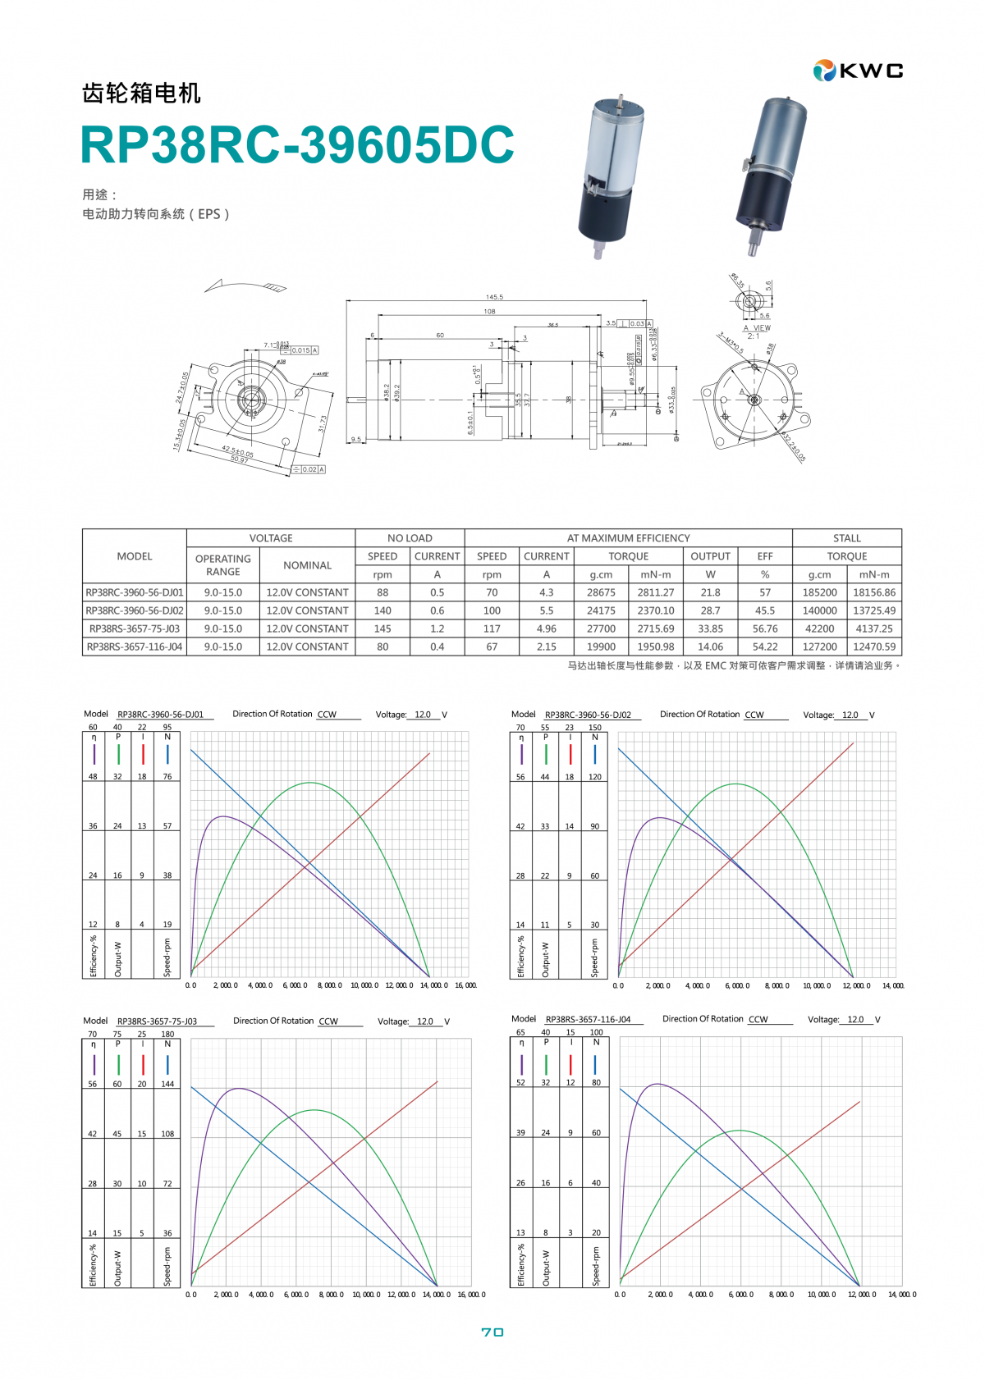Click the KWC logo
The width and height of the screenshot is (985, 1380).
point(858,71)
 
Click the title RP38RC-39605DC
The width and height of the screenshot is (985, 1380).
point(297,145)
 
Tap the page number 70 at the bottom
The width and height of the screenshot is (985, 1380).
point(492,1332)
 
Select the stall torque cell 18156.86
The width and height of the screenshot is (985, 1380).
point(874,592)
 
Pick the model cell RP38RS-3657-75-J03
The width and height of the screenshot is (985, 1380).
point(135,628)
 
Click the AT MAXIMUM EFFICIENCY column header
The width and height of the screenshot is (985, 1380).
point(628,538)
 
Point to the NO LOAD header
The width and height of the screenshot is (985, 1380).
point(410,538)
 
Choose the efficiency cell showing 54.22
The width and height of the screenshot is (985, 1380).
point(765,647)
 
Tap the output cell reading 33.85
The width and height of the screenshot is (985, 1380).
point(710,628)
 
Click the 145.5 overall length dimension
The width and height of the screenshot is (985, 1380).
point(494,297)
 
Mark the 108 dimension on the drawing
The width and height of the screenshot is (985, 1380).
point(489,311)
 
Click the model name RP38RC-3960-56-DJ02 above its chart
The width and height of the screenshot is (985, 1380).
point(588,715)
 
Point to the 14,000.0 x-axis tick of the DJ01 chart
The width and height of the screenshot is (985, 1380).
point(434,985)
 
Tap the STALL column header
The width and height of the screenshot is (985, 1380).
point(846,538)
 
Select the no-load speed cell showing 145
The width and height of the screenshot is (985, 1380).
point(383,628)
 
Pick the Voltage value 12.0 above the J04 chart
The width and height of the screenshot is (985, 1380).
point(855,1019)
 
